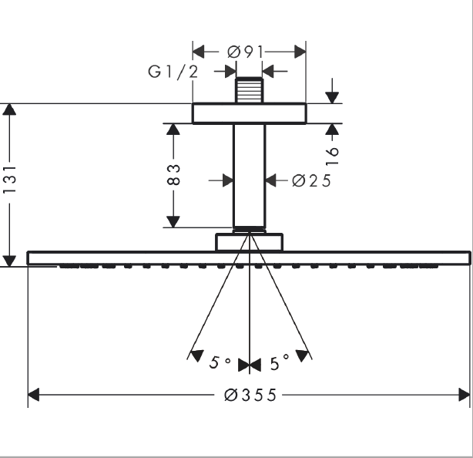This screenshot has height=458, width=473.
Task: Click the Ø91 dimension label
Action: pyautogui.click(x=246, y=52)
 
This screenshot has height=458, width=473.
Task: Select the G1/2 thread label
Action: pyautogui.click(x=173, y=72)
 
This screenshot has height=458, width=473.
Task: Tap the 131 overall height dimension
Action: pyautogui.click(x=9, y=179)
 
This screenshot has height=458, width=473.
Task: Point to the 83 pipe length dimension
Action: pyautogui.click(x=173, y=174)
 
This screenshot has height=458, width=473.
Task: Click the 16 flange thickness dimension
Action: pyautogui.click(x=332, y=156)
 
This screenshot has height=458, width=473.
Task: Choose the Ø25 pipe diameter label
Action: pyautogui.click(x=312, y=181)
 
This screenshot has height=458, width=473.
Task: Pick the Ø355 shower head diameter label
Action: pyautogui.click(x=250, y=395)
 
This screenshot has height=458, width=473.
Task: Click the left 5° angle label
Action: pyautogui.click(x=220, y=362)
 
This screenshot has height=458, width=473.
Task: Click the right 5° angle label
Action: pyautogui.click(x=280, y=362)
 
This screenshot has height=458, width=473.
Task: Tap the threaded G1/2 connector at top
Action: pyautogui.click(x=249, y=90)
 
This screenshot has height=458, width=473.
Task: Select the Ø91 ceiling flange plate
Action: pyautogui.click(x=249, y=113)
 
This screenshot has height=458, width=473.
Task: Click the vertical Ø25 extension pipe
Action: pyautogui.click(x=249, y=175)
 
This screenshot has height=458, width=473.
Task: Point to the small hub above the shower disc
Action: pyautogui.click(x=249, y=242)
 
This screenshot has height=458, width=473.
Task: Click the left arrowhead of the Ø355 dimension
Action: pyautogui.click(x=33, y=395)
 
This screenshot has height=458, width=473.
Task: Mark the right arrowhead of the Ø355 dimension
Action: pyautogui.click(x=464, y=395)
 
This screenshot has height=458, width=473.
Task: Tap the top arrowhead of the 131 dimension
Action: pyautogui.click(x=9, y=109)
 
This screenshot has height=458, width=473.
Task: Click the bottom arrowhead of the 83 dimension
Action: pyautogui.click(x=173, y=222)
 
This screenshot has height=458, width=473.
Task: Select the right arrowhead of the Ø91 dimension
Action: pyautogui.click(x=300, y=52)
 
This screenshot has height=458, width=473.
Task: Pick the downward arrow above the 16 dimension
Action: pyautogui.click(x=332, y=91)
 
